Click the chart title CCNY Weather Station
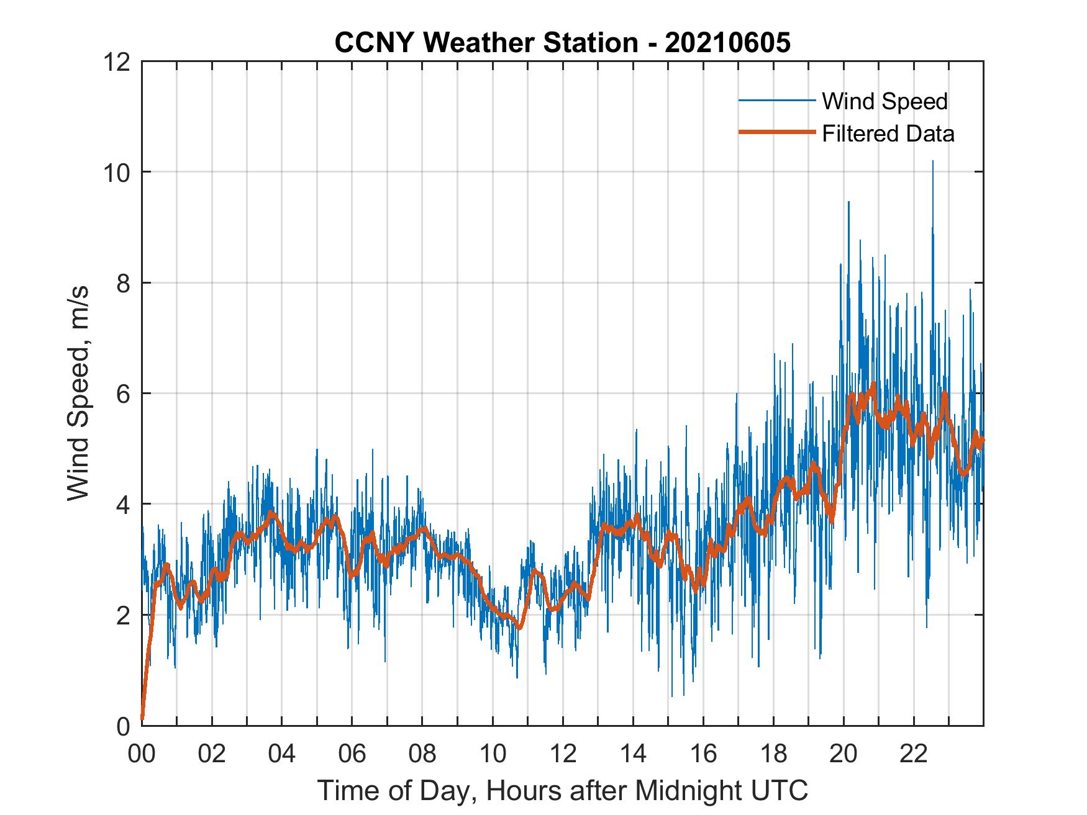pos(562,43)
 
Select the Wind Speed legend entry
pos(885,101)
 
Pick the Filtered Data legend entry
pos(888,133)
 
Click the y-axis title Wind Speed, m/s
pos(78,393)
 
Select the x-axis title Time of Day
pos(562,790)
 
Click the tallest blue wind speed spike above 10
pos(932,163)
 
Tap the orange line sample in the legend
pos(776,132)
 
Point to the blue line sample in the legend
pos(776,101)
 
